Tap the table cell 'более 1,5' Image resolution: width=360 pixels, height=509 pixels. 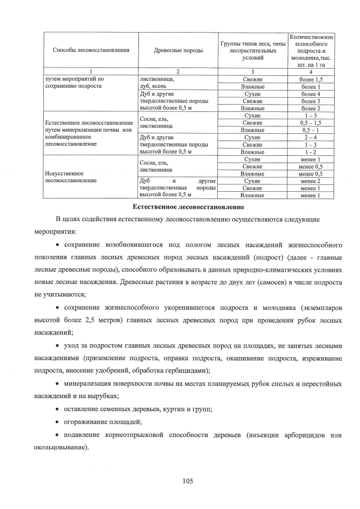point(311,79)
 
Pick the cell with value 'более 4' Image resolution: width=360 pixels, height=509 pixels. point(311,94)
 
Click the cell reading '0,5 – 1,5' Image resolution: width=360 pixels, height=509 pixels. point(311,123)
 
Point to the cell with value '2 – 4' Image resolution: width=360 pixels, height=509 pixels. point(311,137)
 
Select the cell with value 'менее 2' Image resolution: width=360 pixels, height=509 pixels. point(311,181)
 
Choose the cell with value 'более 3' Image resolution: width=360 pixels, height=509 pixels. point(311,101)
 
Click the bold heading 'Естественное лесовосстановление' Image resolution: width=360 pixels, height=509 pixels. point(180,207)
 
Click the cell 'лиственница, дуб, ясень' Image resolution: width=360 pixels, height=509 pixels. point(157,83)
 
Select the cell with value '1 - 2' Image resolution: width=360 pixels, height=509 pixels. point(311,152)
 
